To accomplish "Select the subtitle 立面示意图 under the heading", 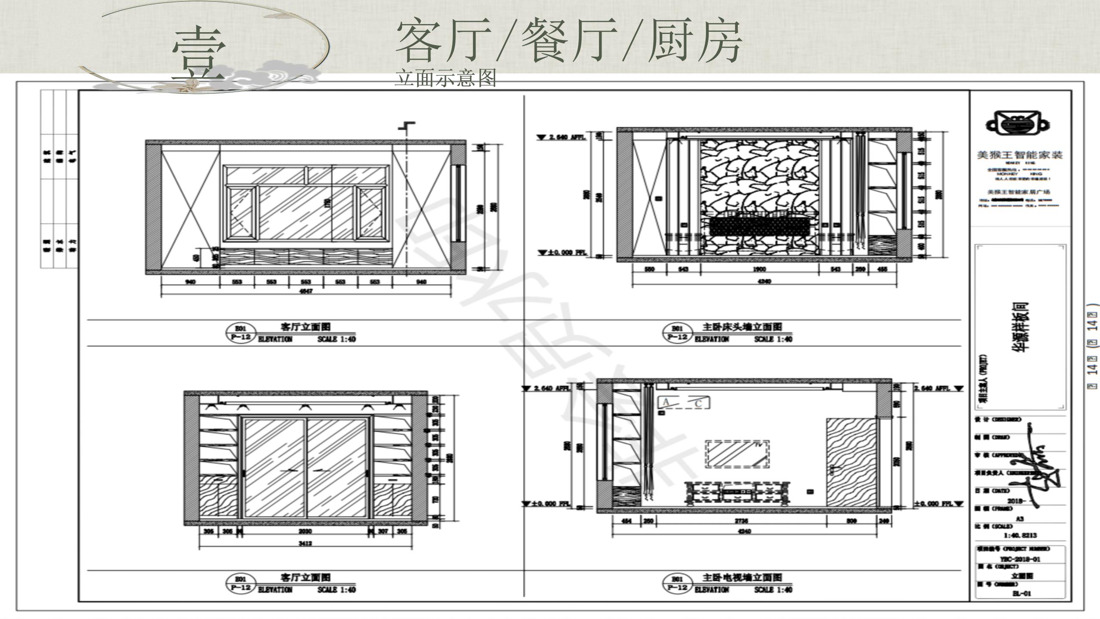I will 445,78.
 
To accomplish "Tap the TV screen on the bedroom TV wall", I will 736,454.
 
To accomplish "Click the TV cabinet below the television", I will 736,492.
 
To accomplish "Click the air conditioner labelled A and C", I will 683,403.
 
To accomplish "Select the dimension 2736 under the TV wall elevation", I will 742,521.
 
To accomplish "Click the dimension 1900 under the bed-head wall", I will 760,269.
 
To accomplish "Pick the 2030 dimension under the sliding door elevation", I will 305,531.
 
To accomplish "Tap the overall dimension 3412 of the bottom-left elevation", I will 305,544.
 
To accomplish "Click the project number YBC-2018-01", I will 1019,559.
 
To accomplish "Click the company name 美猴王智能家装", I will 1019,155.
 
